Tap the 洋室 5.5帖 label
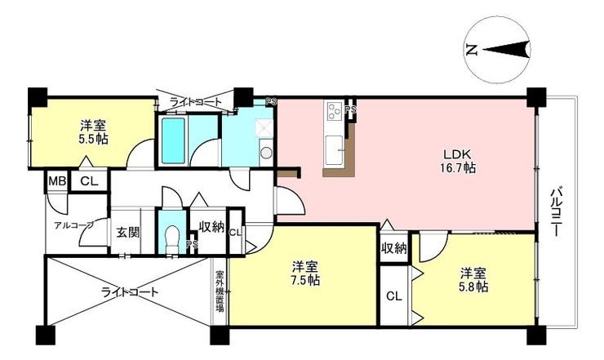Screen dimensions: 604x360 [94, 132]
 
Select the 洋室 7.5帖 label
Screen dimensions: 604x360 [304, 273]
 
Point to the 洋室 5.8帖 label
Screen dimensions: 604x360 [473, 280]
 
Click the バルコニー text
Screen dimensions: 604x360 [556, 211]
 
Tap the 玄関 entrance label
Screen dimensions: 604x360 [128, 233]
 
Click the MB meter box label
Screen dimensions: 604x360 [57, 180]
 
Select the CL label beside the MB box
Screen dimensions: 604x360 [89, 180]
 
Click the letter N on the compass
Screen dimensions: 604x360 [471, 50]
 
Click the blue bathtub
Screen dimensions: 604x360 [173, 140]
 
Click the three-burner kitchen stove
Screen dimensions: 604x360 [334, 110]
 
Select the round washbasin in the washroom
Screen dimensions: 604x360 [266, 153]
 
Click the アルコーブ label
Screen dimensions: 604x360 [73, 226]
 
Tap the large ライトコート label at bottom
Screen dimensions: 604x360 [130, 292]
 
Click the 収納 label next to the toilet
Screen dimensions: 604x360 [211, 227]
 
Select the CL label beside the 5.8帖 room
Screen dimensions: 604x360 [394, 296]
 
